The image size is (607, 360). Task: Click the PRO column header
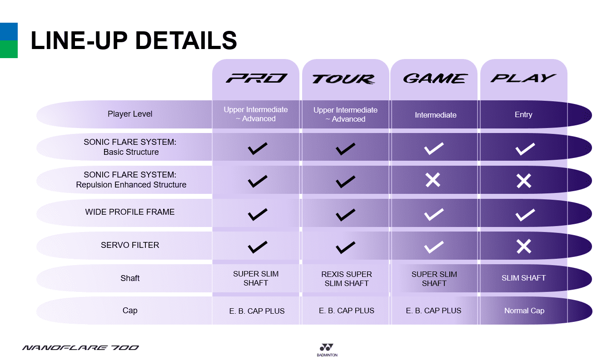(x=256, y=78)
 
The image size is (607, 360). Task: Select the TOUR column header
(x=343, y=79)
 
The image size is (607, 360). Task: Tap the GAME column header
(x=435, y=79)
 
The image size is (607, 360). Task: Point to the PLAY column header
(x=523, y=78)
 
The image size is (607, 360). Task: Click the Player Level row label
(x=130, y=114)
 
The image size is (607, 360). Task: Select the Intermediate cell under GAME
(x=435, y=115)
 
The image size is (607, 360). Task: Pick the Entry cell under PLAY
(x=523, y=114)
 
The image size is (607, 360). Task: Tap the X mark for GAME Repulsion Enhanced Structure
(x=433, y=180)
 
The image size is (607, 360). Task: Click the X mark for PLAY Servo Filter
(x=523, y=247)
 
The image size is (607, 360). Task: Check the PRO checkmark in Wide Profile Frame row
(x=258, y=214)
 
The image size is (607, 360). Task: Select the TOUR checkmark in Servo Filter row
(x=345, y=247)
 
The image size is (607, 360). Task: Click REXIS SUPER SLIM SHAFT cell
(x=346, y=279)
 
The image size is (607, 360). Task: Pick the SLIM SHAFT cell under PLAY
(x=523, y=278)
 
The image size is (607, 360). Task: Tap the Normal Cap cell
(x=524, y=311)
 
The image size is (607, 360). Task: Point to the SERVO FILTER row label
(x=130, y=245)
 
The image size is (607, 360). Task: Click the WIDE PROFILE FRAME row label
(x=130, y=212)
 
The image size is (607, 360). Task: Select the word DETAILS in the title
(x=186, y=40)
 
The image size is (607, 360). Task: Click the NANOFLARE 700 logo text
(x=80, y=348)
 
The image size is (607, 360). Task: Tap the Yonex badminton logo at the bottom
(x=327, y=350)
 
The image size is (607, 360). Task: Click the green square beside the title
(x=9, y=49)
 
